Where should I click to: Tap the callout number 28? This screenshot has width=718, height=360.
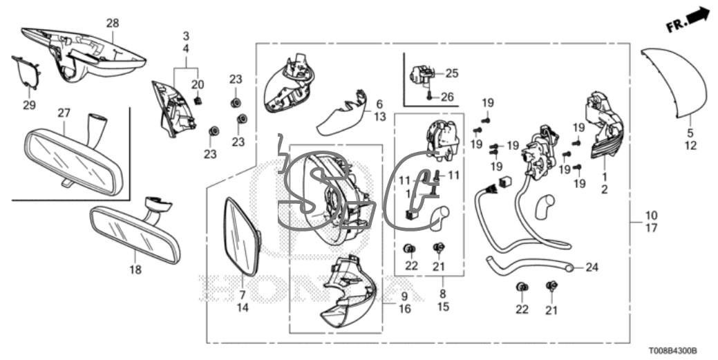pos(113,23)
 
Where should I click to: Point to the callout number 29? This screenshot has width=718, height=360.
pos(28,104)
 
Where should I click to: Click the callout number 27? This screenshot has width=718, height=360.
pos(64,112)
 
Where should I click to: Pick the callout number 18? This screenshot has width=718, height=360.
pos(135,269)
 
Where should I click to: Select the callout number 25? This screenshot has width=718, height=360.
pos(451,73)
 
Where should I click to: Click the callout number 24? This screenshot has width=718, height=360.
pos(592,267)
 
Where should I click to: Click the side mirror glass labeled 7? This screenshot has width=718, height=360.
pos(243,236)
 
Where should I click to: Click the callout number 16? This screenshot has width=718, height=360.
pos(404,309)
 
